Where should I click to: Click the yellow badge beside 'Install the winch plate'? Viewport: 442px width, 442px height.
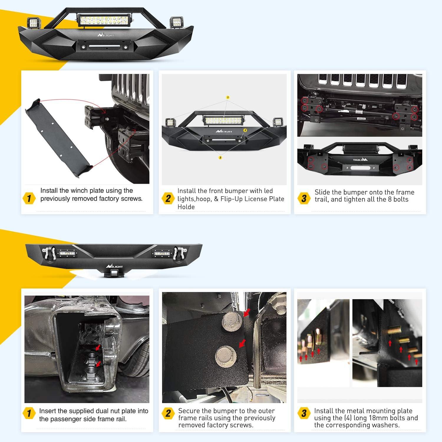coord(29,198)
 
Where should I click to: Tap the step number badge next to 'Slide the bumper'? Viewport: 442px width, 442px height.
coord(304,198)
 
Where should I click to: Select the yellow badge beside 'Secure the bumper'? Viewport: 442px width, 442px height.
coord(168,413)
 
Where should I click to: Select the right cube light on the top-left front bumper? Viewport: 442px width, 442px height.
coord(176,22)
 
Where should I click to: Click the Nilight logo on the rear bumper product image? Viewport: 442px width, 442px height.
coord(114,266)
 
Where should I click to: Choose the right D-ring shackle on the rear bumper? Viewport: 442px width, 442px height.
coord(178,253)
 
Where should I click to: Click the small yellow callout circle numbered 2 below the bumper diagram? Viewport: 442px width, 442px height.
coord(220,158)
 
